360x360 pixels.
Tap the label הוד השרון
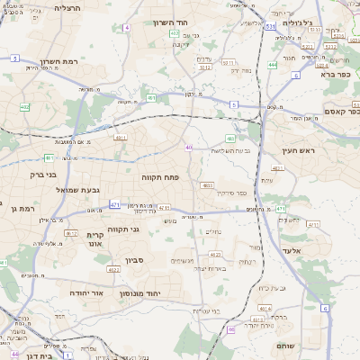pos(169,22)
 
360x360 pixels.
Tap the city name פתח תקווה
pos(162,178)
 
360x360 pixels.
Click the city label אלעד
pos(293,250)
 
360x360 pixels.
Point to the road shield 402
pos(24,106)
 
